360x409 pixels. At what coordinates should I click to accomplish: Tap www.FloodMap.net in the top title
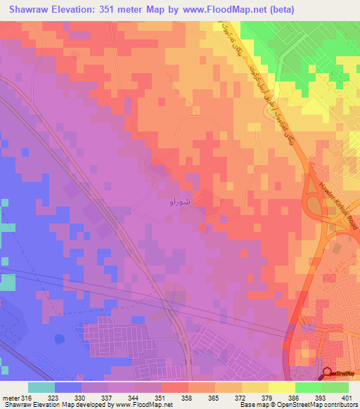[x=221, y=10]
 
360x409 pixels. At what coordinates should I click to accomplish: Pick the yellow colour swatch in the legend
[x=281, y=387]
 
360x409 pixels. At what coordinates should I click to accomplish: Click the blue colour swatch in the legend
[x=68, y=387]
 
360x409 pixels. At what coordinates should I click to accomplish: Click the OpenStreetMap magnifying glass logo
[x=328, y=374]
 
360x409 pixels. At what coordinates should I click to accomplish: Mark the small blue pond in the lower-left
[x=57, y=340]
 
